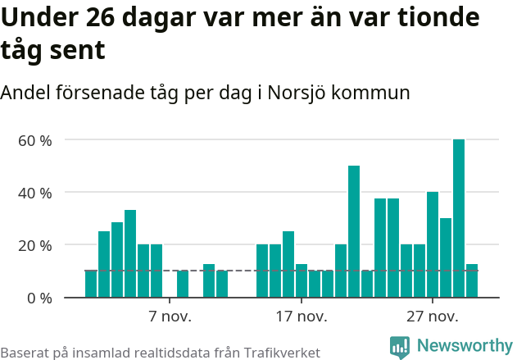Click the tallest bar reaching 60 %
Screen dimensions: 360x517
(459, 218)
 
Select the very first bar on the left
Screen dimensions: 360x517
(91, 284)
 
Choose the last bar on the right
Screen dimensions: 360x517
(472, 280)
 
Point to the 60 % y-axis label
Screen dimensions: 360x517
(35, 140)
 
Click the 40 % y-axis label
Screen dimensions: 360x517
(35, 193)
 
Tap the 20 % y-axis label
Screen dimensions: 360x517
(35, 245)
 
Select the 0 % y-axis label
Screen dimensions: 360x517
(39, 298)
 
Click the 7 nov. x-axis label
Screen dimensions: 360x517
(170, 317)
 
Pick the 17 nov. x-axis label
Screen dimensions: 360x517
(302, 317)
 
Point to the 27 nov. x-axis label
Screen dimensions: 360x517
(433, 317)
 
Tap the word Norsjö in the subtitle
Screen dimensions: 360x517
(297, 93)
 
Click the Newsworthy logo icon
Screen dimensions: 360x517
(400, 347)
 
